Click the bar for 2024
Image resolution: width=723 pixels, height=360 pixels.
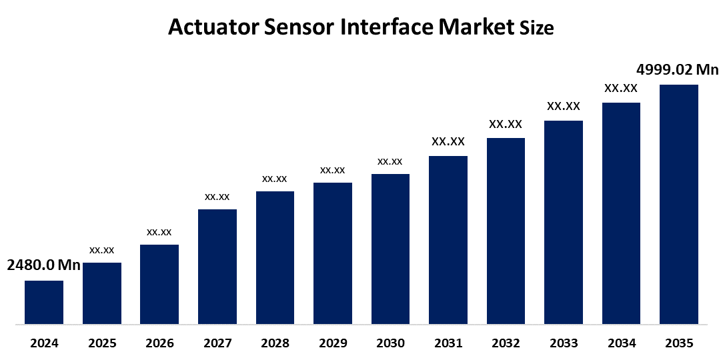pos(44,302)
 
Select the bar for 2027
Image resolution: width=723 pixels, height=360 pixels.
pos(217,267)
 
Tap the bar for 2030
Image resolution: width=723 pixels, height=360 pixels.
pos(390,249)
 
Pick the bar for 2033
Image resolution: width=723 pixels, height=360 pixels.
pos(564,223)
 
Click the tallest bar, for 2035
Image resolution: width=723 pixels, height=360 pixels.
pos(679,205)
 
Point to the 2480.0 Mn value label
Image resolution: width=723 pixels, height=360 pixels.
pos(43,265)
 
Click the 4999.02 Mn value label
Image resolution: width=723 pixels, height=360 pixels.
pos(678,70)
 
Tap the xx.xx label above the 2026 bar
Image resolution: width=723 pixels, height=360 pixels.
pos(159,232)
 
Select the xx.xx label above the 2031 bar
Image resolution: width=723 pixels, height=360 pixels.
pos(448,141)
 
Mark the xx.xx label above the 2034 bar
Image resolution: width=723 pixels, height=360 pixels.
pos(621,88)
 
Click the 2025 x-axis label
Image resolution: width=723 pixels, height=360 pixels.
pos(102,344)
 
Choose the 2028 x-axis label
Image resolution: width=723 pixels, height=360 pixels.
pos(275,344)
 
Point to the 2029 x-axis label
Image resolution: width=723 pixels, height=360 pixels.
pos(333,344)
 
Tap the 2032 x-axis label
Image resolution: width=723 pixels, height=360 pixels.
pos(506,344)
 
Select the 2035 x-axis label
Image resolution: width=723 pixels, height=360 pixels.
pos(679,344)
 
